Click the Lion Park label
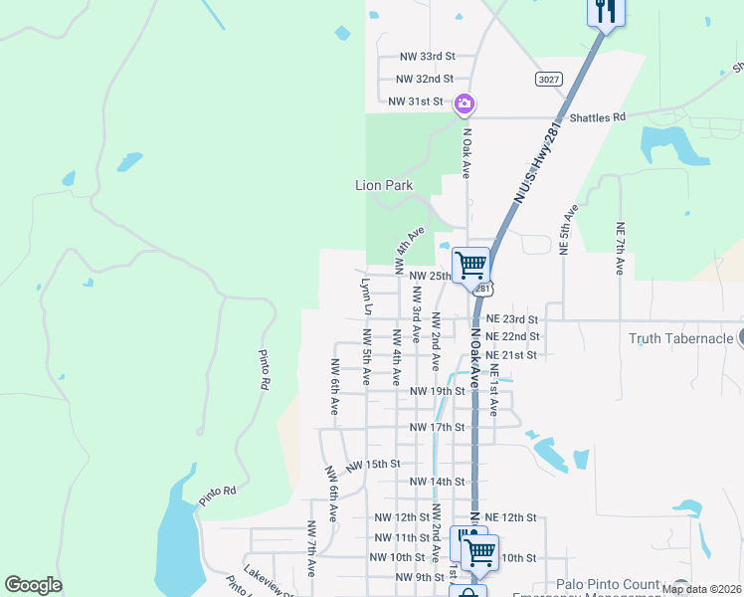coord(384,185)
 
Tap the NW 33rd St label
coord(427,58)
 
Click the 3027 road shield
coord(546,79)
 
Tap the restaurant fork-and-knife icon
coord(605,12)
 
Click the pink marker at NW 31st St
coord(464,103)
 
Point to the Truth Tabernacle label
coord(681,338)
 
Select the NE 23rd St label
coord(512,319)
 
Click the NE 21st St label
coord(512,355)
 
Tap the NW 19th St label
coord(438,391)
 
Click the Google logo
coord(33,585)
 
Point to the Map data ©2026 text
coord(701,589)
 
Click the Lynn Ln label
coord(366,297)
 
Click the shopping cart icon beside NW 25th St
coord(470,266)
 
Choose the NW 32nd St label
coord(424,79)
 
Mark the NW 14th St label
coord(438,482)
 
